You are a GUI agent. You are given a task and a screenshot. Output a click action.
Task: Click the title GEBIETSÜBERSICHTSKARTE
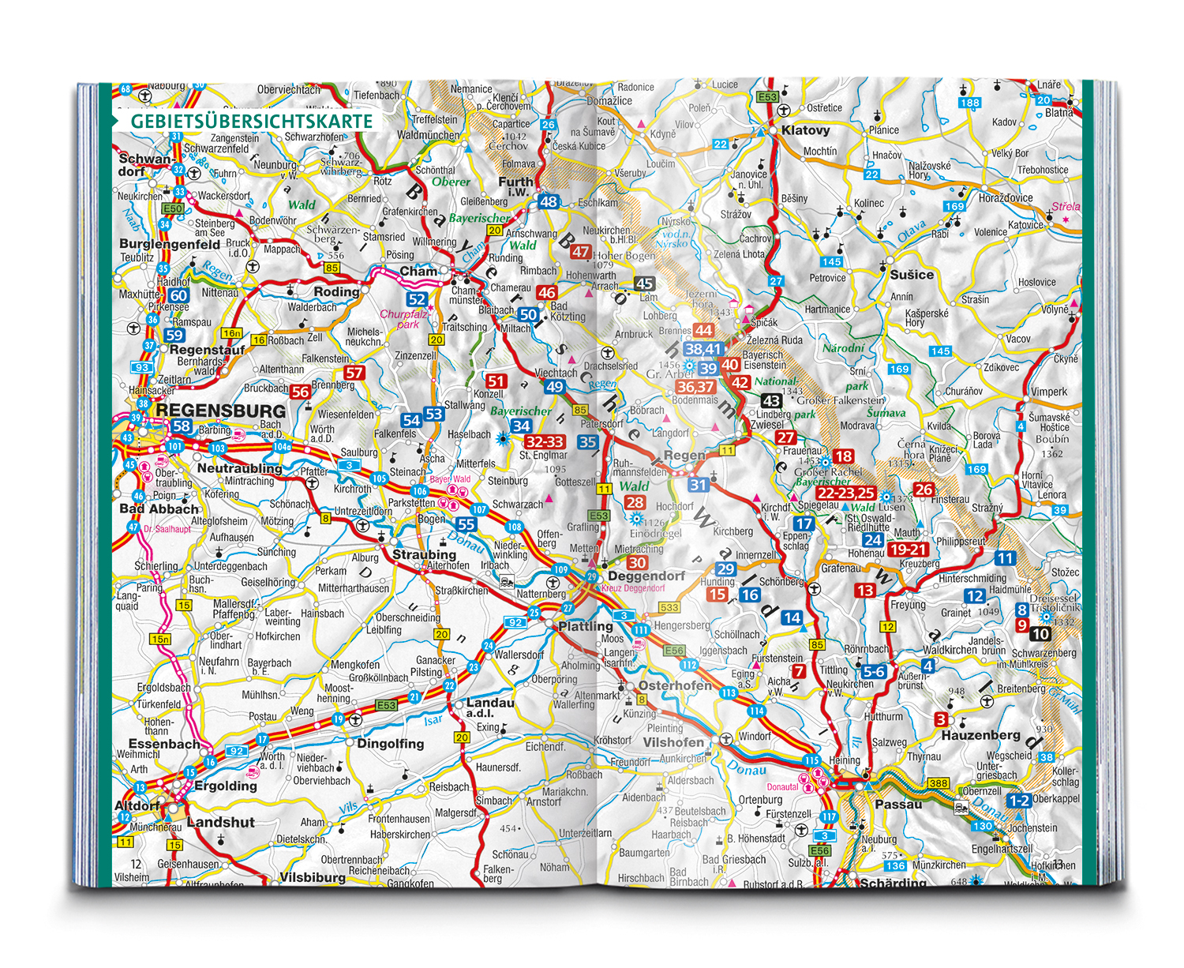pos(251,122)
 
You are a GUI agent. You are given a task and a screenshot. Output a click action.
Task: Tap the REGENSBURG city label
pos(221,411)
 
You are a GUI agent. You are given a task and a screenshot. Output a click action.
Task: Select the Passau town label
pos(898,804)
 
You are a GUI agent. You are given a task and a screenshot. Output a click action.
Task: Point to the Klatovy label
pos(805,130)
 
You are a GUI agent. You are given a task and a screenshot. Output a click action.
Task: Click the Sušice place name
pos(912,275)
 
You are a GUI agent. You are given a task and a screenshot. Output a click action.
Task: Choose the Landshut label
pos(221,822)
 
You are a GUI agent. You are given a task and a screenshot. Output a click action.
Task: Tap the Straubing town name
pos(424,554)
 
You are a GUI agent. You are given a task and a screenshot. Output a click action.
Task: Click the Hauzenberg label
pos(980,735)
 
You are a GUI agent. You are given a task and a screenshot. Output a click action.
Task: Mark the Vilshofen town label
pos(673,742)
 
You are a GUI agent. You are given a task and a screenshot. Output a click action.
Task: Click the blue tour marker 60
pos(179,295)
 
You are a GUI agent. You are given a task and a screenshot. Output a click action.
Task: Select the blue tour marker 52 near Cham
pos(417,299)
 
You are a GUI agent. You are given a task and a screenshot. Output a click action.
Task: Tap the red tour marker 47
pos(581,252)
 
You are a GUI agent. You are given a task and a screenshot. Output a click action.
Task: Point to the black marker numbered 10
pos(1040,633)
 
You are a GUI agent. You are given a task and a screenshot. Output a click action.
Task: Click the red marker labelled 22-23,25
pos(845,493)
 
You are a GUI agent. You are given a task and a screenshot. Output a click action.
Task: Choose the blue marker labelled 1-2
pos(1018,801)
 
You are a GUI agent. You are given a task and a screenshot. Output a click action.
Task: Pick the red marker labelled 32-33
pos(545,442)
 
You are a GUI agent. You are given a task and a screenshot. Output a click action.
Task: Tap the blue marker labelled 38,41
pos(703,349)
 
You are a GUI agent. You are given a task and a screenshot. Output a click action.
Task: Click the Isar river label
pos(433,720)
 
